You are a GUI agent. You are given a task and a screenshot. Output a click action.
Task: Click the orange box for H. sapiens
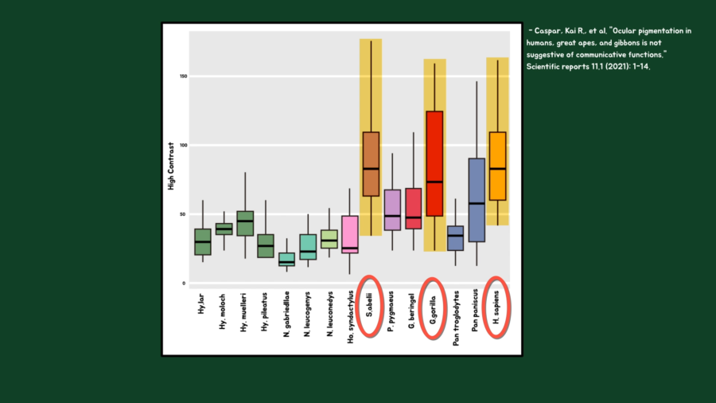497,166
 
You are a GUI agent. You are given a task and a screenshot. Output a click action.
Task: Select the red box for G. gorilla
434,163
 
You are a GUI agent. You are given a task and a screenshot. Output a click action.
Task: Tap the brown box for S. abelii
371,163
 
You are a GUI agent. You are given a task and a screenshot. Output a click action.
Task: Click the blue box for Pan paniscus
477,200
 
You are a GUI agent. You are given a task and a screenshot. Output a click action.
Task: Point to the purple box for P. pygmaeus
391,209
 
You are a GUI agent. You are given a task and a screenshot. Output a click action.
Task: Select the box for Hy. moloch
224,229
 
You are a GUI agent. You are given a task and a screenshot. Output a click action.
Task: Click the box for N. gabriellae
286,259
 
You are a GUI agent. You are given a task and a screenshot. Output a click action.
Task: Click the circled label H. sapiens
496,309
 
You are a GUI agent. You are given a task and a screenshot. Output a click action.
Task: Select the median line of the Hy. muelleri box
245,221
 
